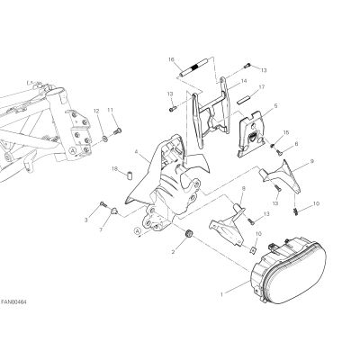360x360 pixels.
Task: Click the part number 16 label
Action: click(171, 60)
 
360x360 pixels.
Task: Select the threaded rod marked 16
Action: click(195, 69)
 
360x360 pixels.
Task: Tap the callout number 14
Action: click(243, 81)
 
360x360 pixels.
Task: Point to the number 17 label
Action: click(262, 87)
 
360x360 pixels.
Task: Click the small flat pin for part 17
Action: click(243, 99)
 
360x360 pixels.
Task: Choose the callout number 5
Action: click(275, 105)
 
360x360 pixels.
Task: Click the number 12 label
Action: click(96, 111)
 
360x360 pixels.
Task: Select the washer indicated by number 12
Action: click(105, 139)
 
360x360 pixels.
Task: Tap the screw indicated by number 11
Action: click(117, 131)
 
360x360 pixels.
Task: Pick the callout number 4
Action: click(137, 152)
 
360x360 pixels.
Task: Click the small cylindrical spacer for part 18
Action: click(129, 175)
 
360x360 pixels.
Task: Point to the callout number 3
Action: click(86, 220)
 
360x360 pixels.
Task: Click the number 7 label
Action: click(101, 229)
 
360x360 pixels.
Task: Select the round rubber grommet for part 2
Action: click(189, 233)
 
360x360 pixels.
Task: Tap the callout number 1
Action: click(221, 294)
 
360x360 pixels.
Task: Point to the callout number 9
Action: click(312, 161)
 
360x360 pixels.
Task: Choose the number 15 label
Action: click(286, 132)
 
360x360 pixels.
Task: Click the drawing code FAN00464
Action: click(13, 301)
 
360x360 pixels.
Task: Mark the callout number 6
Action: click(296, 144)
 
